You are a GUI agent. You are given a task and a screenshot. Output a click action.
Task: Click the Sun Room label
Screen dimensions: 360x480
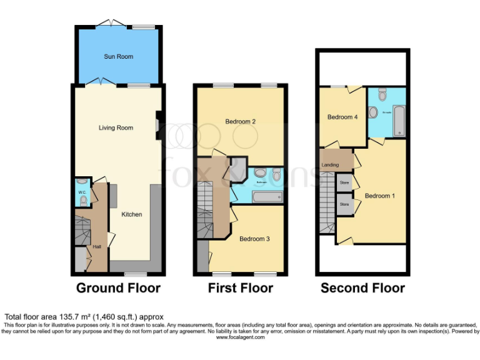coord(118,57)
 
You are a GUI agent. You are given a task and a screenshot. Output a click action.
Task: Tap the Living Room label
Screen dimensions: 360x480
coord(116,128)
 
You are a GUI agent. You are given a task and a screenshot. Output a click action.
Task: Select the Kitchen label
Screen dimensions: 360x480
coord(132,214)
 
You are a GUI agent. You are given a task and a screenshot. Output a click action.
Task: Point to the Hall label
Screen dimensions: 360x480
coord(97,247)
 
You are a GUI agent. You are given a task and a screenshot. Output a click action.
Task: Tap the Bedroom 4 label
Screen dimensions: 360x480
coord(342,117)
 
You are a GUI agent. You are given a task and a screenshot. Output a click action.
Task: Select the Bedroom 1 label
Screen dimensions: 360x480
coord(380,196)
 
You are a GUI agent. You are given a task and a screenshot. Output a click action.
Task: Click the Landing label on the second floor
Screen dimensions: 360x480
coord(330,165)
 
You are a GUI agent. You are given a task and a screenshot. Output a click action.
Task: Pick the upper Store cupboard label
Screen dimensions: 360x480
coord(344,182)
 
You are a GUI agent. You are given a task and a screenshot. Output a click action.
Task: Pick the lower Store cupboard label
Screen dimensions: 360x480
coord(344,204)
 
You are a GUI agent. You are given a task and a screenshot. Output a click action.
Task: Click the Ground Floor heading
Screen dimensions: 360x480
coord(118,288)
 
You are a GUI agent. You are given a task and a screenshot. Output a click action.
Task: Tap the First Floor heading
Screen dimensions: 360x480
coord(241,288)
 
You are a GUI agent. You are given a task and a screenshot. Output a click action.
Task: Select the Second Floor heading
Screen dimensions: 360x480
coord(362,288)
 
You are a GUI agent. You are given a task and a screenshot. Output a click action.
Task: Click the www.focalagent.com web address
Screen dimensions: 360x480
coord(240,337)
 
